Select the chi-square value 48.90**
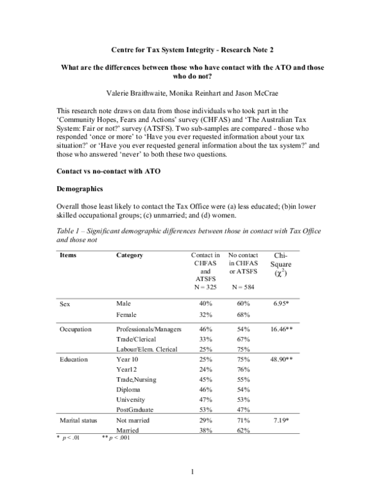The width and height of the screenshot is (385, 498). [x=280, y=359]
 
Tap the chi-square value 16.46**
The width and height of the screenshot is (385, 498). [x=280, y=329]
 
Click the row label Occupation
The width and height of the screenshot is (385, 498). [x=76, y=329]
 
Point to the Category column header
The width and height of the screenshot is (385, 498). [x=130, y=255]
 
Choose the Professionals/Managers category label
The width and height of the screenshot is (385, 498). [x=149, y=329]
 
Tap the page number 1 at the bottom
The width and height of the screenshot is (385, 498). [x=192, y=473]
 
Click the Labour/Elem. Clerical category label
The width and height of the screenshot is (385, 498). [x=147, y=349]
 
